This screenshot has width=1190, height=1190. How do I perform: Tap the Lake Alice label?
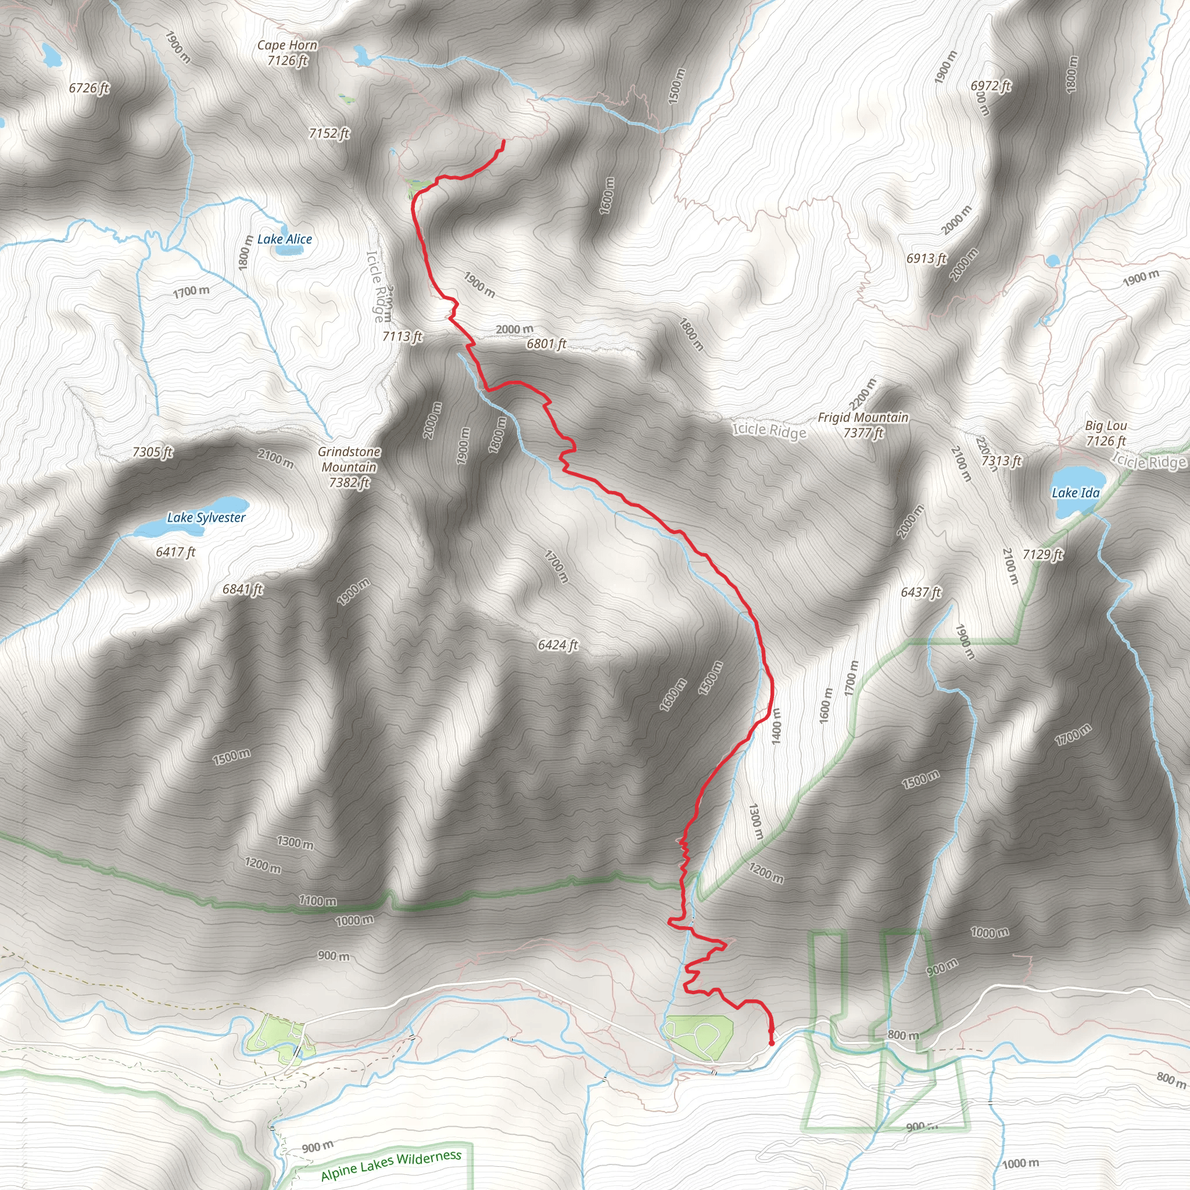click(285, 239)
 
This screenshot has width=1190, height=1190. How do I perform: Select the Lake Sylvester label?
click(206, 517)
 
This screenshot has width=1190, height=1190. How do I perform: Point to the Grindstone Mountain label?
click(349, 467)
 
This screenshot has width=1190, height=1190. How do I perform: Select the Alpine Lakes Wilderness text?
click(391, 1165)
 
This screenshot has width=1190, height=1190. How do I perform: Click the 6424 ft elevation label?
click(557, 645)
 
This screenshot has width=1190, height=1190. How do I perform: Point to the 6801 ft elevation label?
click(546, 344)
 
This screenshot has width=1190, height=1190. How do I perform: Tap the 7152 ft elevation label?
click(329, 133)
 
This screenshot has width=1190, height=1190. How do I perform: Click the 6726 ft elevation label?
click(89, 88)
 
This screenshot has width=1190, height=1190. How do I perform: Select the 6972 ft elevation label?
click(991, 85)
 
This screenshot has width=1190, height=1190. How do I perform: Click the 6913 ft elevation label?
click(926, 259)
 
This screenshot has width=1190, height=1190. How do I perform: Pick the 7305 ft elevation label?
click(153, 452)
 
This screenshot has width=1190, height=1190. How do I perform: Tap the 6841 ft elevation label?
click(242, 589)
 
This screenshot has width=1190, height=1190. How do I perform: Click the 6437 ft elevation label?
click(921, 593)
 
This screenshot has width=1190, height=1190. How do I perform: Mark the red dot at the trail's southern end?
click(771, 1043)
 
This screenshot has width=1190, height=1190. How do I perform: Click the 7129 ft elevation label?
click(1043, 554)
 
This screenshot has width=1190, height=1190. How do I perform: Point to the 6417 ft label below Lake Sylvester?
click(175, 552)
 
